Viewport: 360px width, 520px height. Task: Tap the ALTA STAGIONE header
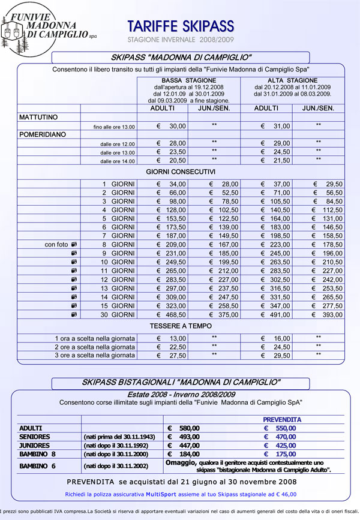click(293, 80)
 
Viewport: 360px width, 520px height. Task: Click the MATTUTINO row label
click(38, 116)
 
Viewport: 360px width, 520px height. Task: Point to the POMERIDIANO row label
click(41, 134)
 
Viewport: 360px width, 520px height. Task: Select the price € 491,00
click(276, 314)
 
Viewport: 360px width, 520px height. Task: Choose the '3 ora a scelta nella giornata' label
click(95, 355)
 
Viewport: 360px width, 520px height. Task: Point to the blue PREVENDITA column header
click(282, 419)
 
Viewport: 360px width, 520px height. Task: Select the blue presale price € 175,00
click(280, 455)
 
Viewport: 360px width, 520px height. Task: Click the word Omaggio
click(182, 463)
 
